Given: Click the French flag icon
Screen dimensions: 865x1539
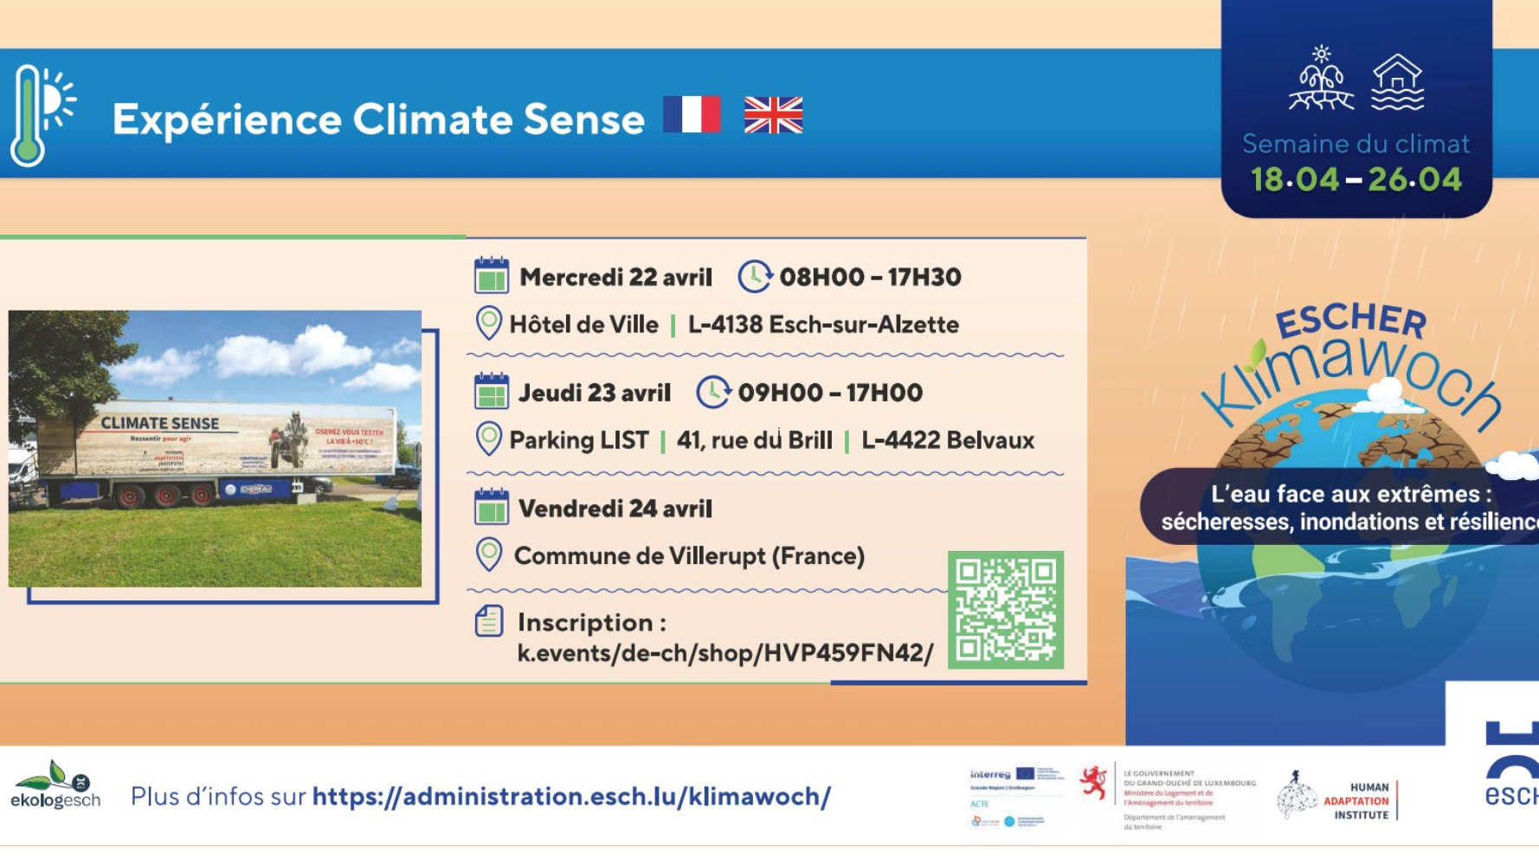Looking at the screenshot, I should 692,114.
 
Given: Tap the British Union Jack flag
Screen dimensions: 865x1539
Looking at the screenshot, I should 773,115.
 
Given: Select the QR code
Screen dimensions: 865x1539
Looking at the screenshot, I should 1005,610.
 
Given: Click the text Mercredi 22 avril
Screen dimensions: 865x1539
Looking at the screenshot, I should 615,278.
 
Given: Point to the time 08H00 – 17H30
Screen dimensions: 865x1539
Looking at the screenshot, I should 870,278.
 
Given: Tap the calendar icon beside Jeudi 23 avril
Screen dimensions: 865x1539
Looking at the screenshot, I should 492,392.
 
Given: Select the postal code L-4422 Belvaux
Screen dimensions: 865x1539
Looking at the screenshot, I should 948,440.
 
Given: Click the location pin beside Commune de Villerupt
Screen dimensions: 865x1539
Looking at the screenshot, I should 489,554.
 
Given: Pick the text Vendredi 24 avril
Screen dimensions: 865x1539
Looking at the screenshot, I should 615,509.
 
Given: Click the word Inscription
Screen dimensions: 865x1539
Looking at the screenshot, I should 585,623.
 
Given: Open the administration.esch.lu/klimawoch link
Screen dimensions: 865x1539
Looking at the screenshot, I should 571,797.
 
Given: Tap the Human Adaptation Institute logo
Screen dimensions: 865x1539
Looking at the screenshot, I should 1337,798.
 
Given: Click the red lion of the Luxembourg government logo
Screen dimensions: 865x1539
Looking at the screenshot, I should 1094,784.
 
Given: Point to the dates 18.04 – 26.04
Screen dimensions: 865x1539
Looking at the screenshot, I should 1355,180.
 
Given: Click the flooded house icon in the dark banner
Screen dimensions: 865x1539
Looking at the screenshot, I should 1397,83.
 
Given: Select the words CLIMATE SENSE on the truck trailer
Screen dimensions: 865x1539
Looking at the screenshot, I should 160,423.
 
